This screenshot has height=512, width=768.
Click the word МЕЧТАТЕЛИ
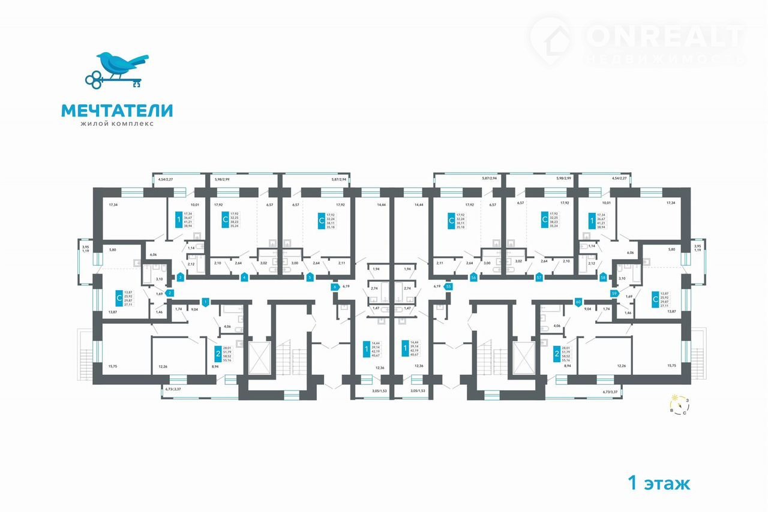[x=116, y=110]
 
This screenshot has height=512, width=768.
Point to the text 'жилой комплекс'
[x=116, y=124]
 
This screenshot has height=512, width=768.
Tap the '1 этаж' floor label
[x=659, y=482]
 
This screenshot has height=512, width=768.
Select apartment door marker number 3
[x=180, y=278]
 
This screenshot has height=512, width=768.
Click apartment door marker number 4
[x=244, y=278]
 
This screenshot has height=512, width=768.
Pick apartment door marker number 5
[x=310, y=278]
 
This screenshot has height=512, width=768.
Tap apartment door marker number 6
[x=335, y=287]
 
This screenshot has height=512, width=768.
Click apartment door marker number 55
[x=448, y=287]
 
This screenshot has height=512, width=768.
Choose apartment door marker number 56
[x=473, y=278]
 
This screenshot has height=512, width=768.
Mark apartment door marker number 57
[x=539, y=278]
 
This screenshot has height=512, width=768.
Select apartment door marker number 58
[x=603, y=278]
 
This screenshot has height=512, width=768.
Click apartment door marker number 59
[x=614, y=293]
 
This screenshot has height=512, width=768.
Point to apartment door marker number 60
[x=578, y=302]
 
